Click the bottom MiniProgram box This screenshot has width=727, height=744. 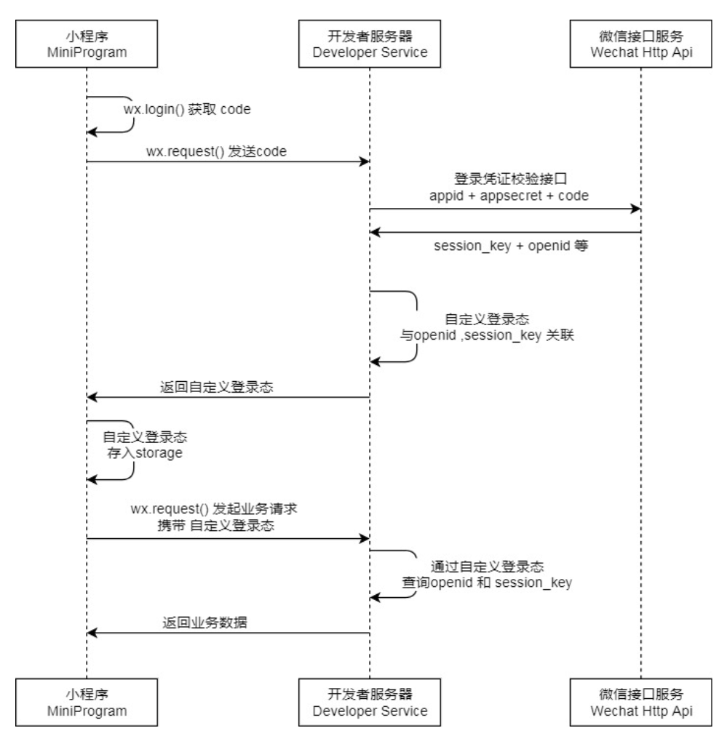point(87,703)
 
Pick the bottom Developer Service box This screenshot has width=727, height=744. point(369,703)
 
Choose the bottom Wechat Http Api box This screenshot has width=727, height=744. point(641,703)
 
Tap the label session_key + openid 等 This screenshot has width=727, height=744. point(510,245)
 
